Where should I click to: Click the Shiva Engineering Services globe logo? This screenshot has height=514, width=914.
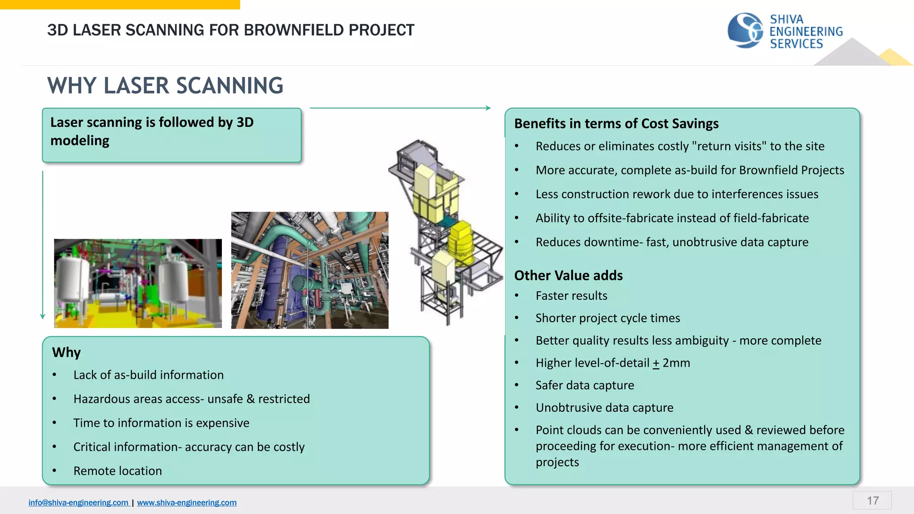[745, 30]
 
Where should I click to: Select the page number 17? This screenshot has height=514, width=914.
[872, 501]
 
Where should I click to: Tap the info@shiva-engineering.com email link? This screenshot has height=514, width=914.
[79, 502]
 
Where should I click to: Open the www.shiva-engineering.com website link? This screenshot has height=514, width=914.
[187, 502]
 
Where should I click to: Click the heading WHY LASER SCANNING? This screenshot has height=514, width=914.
[165, 86]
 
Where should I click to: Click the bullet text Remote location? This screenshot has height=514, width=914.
[117, 471]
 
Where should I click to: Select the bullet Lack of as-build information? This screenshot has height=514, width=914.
[148, 375]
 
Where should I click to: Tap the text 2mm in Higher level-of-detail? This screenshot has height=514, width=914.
[676, 363]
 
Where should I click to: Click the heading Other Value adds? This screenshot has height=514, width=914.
[568, 275]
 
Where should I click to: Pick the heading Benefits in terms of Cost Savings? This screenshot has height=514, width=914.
[616, 124]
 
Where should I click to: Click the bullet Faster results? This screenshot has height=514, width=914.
[571, 296]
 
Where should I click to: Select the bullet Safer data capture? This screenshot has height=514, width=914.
[585, 385]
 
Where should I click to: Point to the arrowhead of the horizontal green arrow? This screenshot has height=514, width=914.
[488, 108]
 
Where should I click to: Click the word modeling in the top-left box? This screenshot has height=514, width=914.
[80, 141]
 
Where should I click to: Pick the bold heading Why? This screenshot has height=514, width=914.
[66, 352]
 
